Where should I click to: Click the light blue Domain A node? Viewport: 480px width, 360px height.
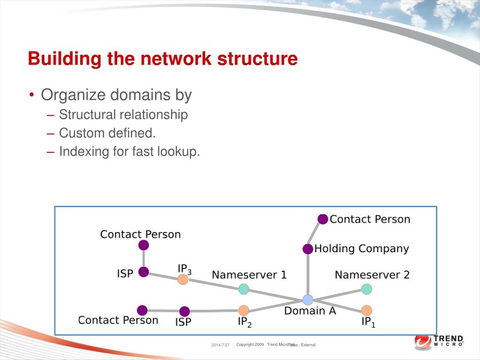point(307,300)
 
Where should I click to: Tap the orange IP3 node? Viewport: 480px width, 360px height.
point(183,280)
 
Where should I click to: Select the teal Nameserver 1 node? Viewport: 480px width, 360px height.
point(243,289)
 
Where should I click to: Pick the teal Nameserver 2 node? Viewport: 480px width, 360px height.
point(367,289)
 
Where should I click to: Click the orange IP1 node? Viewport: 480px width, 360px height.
point(367,310)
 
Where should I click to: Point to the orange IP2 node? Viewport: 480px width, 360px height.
point(243,310)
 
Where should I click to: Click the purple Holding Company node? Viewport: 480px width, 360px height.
point(307,249)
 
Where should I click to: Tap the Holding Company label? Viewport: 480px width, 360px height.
point(361,248)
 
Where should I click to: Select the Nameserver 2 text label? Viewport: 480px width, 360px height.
point(372,275)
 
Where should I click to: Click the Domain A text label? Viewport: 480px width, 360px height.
point(310,311)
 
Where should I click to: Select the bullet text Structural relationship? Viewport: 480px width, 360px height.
point(123,114)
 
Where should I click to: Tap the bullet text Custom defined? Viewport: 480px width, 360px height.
point(107,133)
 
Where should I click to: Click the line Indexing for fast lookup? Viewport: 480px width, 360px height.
point(129,151)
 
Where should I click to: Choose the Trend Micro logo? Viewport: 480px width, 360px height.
point(439,341)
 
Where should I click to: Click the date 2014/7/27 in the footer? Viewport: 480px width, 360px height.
point(220,345)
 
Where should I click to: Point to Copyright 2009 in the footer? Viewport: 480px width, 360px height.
point(250,345)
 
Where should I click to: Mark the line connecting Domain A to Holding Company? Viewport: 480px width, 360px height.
point(307,274)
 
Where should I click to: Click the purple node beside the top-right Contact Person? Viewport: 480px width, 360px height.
point(322,219)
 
